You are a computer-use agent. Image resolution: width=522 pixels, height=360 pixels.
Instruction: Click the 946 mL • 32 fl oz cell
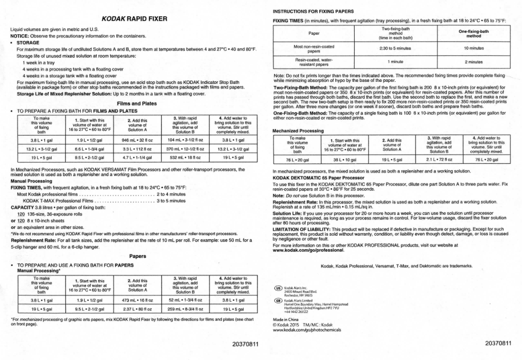[x=137, y=139]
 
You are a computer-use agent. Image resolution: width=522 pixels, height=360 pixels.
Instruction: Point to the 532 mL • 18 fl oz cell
[x=186, y=158]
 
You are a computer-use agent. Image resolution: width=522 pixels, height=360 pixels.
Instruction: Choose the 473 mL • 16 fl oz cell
[x=137, y=300]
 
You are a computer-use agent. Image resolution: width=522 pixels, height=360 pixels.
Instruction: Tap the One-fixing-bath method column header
[x=473, y=33]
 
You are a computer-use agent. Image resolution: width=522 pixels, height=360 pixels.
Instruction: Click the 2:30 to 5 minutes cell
[x=395, y=48]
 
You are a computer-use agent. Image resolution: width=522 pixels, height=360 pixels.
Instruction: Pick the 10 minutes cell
[x=473, y=48]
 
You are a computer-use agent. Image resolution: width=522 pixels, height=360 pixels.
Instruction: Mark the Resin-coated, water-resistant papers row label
[x=313, y=62]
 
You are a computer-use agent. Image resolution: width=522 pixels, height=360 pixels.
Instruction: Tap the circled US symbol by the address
[x=278, y=287]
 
